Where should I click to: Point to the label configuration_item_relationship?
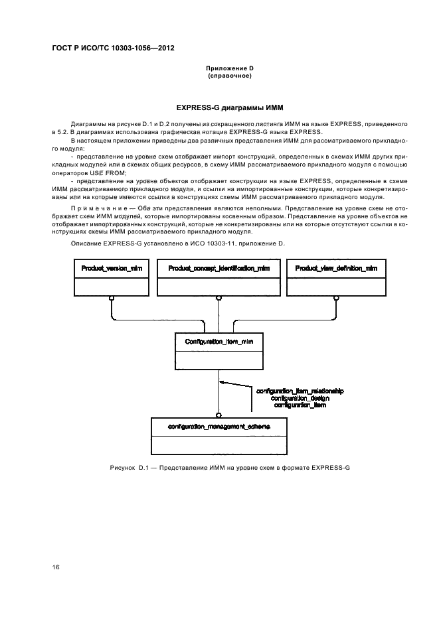(x=300, y=391)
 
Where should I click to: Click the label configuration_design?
(x=300, y=398)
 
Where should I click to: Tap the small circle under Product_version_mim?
(x=112, y=298)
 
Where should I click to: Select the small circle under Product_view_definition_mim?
(x=337, y=298)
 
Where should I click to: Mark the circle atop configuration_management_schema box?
(x=219, y=413)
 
